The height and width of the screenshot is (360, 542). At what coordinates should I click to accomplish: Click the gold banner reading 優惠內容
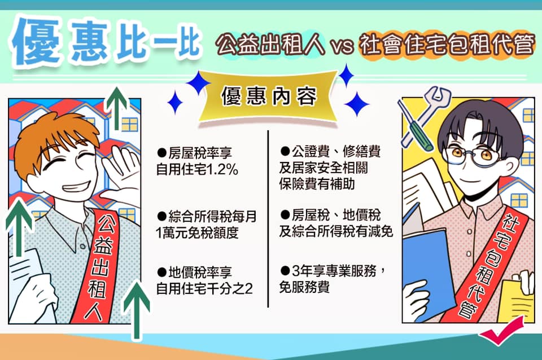click(x=269, y=96)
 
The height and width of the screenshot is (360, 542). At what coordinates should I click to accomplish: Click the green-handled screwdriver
click(x=415, y=126)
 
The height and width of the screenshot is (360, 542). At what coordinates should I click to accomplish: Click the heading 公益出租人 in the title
click(x=270, y=45)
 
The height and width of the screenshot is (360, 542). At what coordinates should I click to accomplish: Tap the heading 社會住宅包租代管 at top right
click(x=447, y=45)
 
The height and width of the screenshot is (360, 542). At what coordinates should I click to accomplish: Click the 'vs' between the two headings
click(x=342, y=47)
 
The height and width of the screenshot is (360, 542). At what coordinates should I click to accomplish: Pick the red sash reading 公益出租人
click(x=98, y=266)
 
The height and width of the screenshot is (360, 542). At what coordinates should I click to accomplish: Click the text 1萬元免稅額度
click(x=197, y=233)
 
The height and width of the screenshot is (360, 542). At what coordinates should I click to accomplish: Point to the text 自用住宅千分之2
click(x=204, y=288)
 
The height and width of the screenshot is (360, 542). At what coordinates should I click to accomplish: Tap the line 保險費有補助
click(x=317, y=184)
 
